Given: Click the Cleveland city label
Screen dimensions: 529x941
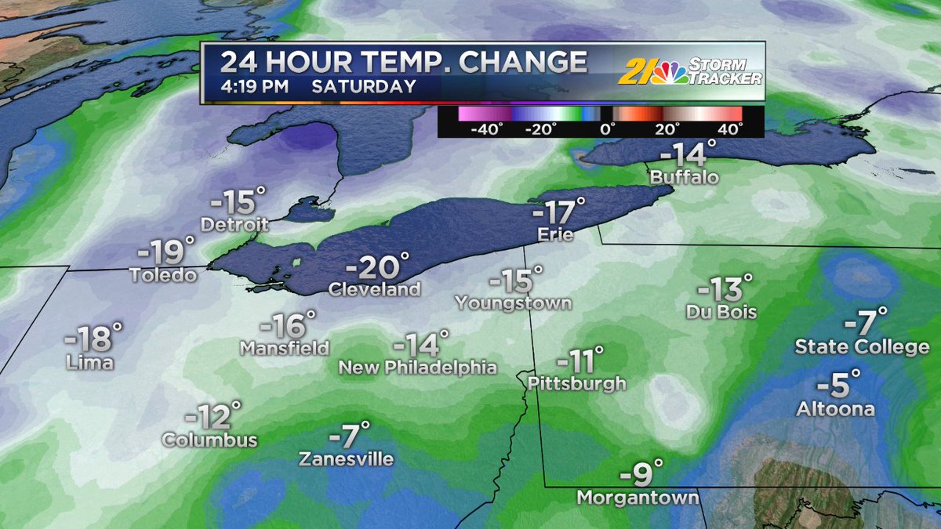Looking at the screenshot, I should point(375,289).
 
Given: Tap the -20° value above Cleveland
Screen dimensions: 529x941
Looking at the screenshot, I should point(377,268).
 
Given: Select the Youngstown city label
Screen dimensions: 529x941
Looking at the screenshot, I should point(513,303).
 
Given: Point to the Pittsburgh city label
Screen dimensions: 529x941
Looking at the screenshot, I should point(577,383).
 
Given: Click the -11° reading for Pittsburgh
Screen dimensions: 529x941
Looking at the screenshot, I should point(579,362).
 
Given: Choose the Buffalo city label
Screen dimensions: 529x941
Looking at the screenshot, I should point(685,177).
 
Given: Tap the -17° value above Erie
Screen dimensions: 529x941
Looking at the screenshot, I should point(558,213).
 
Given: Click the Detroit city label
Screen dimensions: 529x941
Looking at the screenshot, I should point(234,225).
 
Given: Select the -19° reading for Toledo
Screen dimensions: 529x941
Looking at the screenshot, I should point(165,252).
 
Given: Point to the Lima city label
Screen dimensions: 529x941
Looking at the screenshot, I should point(90,362).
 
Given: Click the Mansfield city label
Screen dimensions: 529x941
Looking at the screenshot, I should point(285,346).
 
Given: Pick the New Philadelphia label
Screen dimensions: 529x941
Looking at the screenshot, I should point(417,367).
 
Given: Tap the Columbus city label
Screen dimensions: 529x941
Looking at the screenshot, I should point(209,440).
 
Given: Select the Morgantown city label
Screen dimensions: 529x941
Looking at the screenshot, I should point(638,497).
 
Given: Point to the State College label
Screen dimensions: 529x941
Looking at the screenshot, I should point(862,346).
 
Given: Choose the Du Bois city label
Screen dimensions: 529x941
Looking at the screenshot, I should point(721,312).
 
